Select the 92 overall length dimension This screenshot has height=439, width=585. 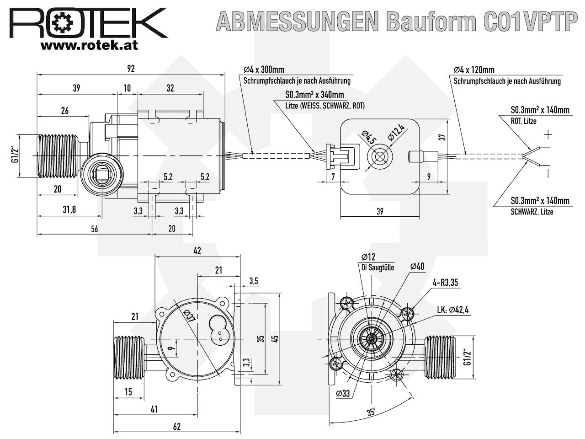pos(131,69)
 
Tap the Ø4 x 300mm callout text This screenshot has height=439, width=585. pos(264,70)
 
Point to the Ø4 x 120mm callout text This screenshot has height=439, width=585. pos(474,70)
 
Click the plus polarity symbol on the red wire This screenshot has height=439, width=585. pos(548,135)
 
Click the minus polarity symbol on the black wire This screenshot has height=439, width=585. pos(548,172)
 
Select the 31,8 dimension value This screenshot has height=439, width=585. pos(69,209)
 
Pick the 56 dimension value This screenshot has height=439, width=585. pos(94,229)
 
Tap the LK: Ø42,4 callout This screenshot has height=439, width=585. pos(453,310)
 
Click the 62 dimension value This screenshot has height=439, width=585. pos(177,427)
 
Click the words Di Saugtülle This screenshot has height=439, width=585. pos(374,268)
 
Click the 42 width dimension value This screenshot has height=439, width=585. pos(197,251)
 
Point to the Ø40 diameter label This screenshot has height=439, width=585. pos(417,267)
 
